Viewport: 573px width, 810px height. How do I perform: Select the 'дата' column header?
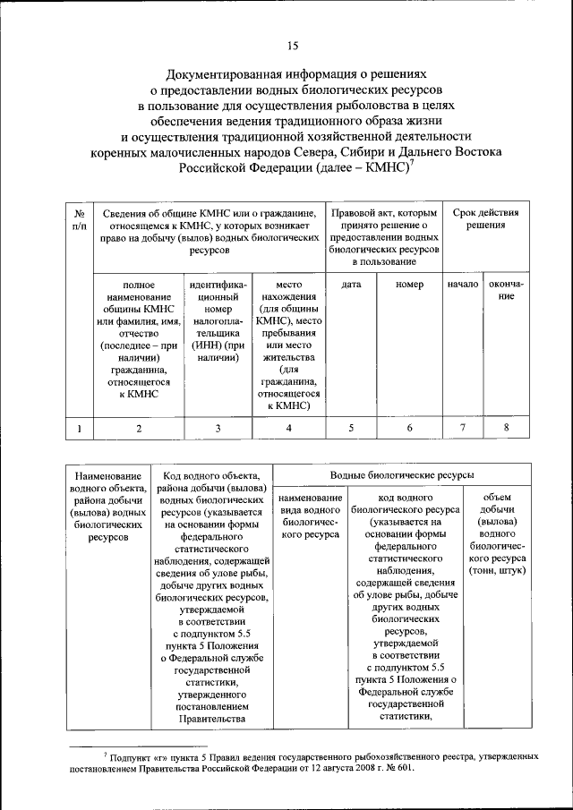351,285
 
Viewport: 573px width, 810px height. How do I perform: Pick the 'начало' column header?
463,285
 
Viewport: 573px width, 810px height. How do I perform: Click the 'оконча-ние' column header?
506,290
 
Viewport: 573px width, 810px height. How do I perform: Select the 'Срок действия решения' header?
484,219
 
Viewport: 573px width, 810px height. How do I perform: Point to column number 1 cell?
80,429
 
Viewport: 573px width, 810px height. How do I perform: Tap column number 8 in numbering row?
506,428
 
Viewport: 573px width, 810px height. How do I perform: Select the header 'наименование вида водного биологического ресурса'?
310,515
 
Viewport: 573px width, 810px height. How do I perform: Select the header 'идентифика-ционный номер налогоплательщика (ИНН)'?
218,321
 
